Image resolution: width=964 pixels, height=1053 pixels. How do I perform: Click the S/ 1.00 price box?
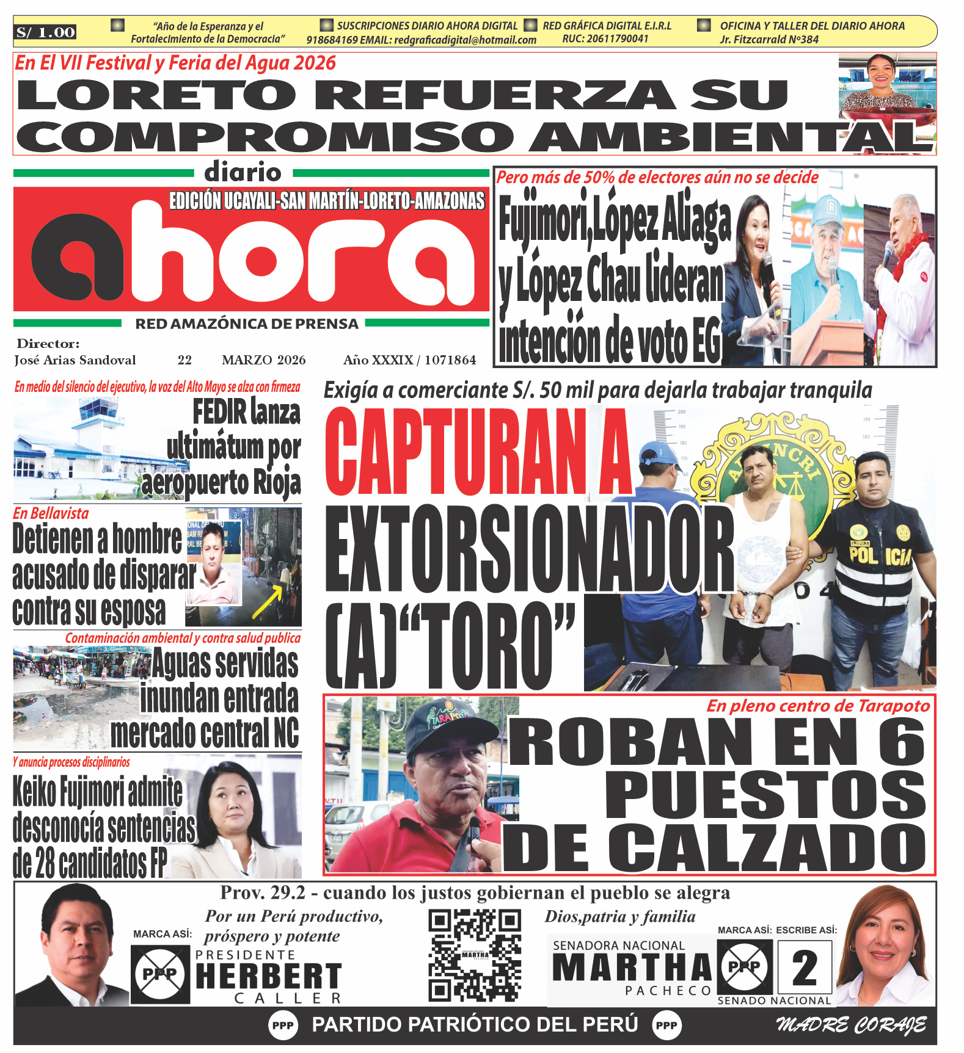46,32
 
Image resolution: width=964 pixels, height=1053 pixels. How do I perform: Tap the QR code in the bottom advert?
475,955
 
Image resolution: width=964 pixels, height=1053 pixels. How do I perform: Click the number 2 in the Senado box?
805,968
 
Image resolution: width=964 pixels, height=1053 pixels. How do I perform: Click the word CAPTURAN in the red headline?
455,452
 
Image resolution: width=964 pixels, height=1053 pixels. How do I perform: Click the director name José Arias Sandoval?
75,360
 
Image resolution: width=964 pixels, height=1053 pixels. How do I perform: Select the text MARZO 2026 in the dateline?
263,360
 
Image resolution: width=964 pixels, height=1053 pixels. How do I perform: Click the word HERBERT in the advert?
268,976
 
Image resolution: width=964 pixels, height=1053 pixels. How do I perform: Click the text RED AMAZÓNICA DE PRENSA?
247,324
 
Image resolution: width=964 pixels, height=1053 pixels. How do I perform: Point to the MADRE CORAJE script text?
851,1025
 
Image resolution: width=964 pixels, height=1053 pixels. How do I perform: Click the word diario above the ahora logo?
243,173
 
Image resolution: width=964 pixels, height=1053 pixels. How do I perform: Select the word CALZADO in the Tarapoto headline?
767,849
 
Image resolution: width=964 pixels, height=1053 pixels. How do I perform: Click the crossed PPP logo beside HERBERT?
160,974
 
